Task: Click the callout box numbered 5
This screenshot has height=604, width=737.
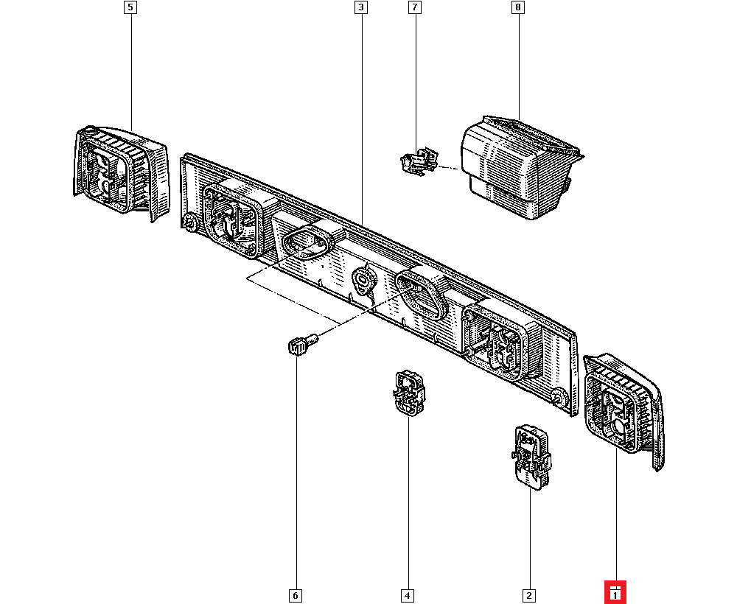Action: pyautogui.click(x=130, y=8)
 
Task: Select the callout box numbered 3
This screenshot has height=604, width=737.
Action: pyautogui.click(x=360, y=8)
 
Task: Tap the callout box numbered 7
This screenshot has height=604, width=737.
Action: pyautogui.click(x=414, y=8)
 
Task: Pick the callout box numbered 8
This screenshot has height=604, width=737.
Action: pyautogui.click(x=518, y=8)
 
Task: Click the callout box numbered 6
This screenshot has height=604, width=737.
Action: pyautogui.click(x=296, y=594)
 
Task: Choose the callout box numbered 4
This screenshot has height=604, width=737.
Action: pyautogui.click(x=408, y=594)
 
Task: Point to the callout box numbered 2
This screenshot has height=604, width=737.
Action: pyautogui.click(x=528, y=594)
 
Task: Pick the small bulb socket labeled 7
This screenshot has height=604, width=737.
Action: pyautogui.click(x=417, y=161)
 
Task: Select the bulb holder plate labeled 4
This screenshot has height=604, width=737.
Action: pyautogui.click(x=408, y=393)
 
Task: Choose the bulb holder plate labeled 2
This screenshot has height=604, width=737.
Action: pyautogui.click(x=531, y=454)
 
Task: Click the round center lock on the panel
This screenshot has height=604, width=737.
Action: pyautogui.click(x=365, y=281)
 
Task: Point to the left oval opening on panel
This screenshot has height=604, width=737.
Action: pyautogui.click(x=307, y=242)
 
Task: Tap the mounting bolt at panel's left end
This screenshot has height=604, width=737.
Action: pyautogui.click(x=191, y=224)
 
